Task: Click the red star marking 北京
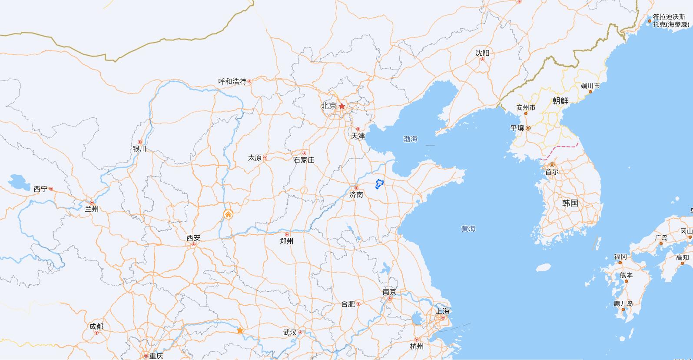[x=342, y=106]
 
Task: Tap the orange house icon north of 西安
[x=228, y=214]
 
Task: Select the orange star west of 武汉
[x=240, y=331]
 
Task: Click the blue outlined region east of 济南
[x=380, y=184]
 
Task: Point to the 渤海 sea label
[x=410, y=139]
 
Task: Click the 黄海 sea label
[x=468, y=229]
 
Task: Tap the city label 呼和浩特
[x=232, y=81]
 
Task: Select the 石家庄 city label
[x=304, y=160]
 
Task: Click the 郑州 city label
[x=287, y=241]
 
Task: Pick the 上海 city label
[x=443, y=311]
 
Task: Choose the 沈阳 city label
[x=482, y=53]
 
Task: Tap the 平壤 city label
[x=517, y=128]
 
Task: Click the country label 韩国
[x=570, y=203]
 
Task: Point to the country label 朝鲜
[x=560, y=101]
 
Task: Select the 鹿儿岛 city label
[x=623, y=303]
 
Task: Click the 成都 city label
[x=96, y=327]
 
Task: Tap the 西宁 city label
[x=40, y=189]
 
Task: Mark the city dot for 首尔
[x=552, y=165]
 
